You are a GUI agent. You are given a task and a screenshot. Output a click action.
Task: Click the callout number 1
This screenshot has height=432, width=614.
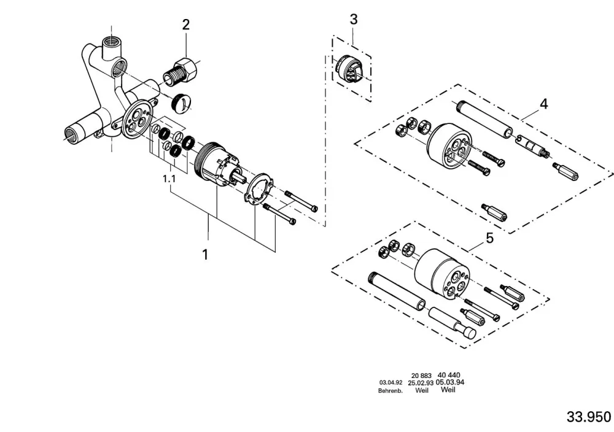(205, 255)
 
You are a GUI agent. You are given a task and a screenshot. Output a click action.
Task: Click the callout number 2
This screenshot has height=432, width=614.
(186, 25)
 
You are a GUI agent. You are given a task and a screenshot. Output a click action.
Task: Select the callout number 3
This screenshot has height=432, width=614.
(354, 19)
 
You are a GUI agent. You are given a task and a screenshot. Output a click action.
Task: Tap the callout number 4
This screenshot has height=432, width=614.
(543, 104)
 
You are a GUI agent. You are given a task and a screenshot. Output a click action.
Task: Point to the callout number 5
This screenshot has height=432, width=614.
(490, 238)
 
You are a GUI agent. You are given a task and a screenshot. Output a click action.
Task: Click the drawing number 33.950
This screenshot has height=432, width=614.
(589, 417)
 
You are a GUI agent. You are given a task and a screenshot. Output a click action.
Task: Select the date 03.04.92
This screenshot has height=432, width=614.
(391, 382)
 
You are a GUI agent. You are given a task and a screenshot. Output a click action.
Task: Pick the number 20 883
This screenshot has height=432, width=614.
(421, 376)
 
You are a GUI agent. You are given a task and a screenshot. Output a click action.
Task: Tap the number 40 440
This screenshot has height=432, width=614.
(449, 375)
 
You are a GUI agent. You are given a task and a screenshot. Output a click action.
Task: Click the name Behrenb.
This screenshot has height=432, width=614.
(391, 390)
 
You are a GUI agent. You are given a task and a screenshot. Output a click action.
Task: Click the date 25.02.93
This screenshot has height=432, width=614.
(421, 383)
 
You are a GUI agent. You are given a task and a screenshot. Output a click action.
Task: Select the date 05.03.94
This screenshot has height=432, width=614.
(450, 382)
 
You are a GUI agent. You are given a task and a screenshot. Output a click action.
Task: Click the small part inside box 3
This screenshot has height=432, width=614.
(350, 69)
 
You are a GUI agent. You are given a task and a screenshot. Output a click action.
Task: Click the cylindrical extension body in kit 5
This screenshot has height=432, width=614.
(441, 273)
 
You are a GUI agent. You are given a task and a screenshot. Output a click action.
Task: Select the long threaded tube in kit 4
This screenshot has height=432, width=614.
(485, 118)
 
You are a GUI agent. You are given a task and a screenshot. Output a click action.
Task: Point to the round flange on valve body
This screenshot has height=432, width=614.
(137, 118)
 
